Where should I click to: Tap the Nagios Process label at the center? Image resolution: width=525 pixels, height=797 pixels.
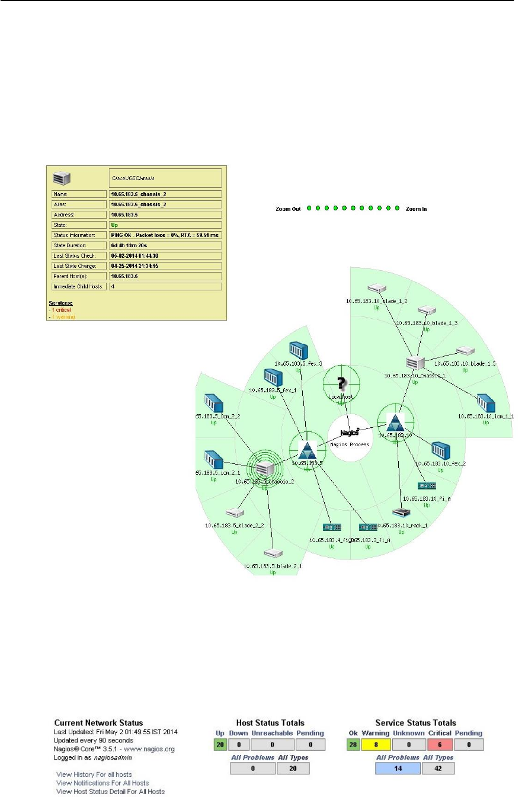[x=350, y=443]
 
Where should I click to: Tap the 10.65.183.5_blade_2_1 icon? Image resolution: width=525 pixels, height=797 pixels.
[x=273, y=554]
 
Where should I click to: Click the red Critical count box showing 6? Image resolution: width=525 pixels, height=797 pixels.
[x=440, y=744]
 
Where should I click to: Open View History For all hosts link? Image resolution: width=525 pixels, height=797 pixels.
[x=94, y=774]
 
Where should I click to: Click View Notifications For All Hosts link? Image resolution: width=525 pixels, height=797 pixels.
[x=102, y=782]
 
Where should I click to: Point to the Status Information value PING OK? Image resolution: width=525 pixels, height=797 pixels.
[x=165, y=235]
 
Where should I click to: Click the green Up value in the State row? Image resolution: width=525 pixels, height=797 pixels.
[x=114, y=225]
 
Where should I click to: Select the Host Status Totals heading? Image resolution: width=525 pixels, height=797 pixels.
[x=270, y=723]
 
